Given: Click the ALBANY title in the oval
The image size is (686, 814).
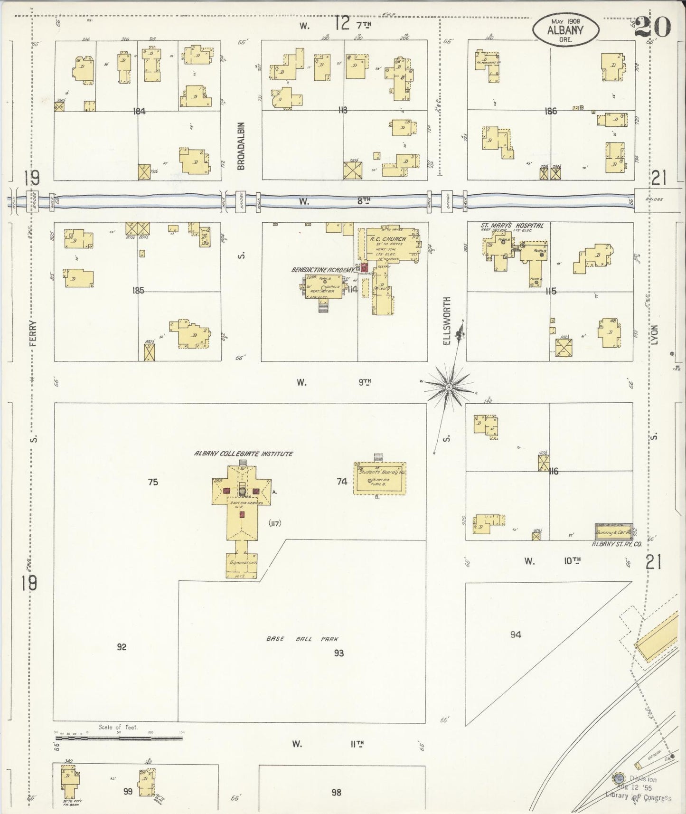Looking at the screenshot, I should tap(565, 29).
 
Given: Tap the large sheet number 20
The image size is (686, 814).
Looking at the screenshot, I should tap(652, 28).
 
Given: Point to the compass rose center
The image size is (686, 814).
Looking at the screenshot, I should tap(448, 388).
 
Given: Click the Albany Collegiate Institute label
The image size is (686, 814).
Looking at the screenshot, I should tap(243, 454).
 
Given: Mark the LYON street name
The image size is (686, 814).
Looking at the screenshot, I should tap(654, 334).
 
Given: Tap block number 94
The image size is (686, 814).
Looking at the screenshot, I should tap(516, 634).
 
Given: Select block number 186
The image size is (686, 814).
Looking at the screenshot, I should tap(551, 112).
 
